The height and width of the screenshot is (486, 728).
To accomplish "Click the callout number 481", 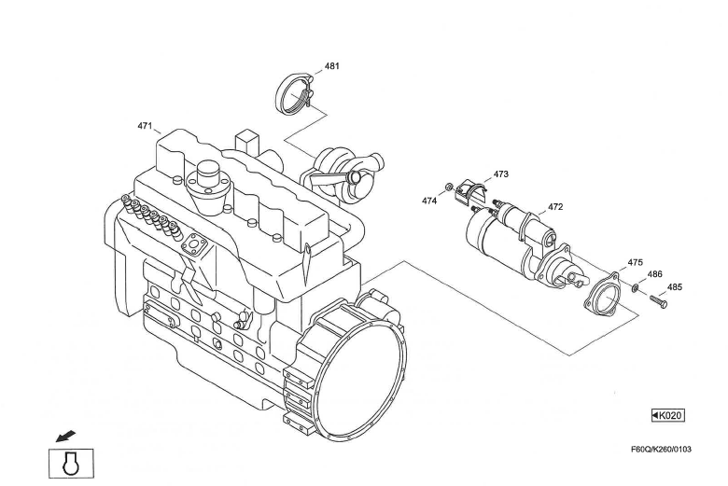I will [x=331, y=66].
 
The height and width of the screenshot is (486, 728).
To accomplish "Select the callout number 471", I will [x=145, y=125].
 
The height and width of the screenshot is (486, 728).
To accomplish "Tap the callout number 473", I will [x=501, y=174].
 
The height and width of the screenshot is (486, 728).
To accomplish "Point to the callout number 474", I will [x=429, y=201].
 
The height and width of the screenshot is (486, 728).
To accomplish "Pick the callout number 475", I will [x=635, y=262].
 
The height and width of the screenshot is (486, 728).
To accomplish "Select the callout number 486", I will [x=655, y=274].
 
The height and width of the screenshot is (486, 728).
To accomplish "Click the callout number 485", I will [x=674, y=287].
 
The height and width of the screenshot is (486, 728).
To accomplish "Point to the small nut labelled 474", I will [x=449, y=187].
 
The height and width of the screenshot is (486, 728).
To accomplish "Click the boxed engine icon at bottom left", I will [x=71, y=463].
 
